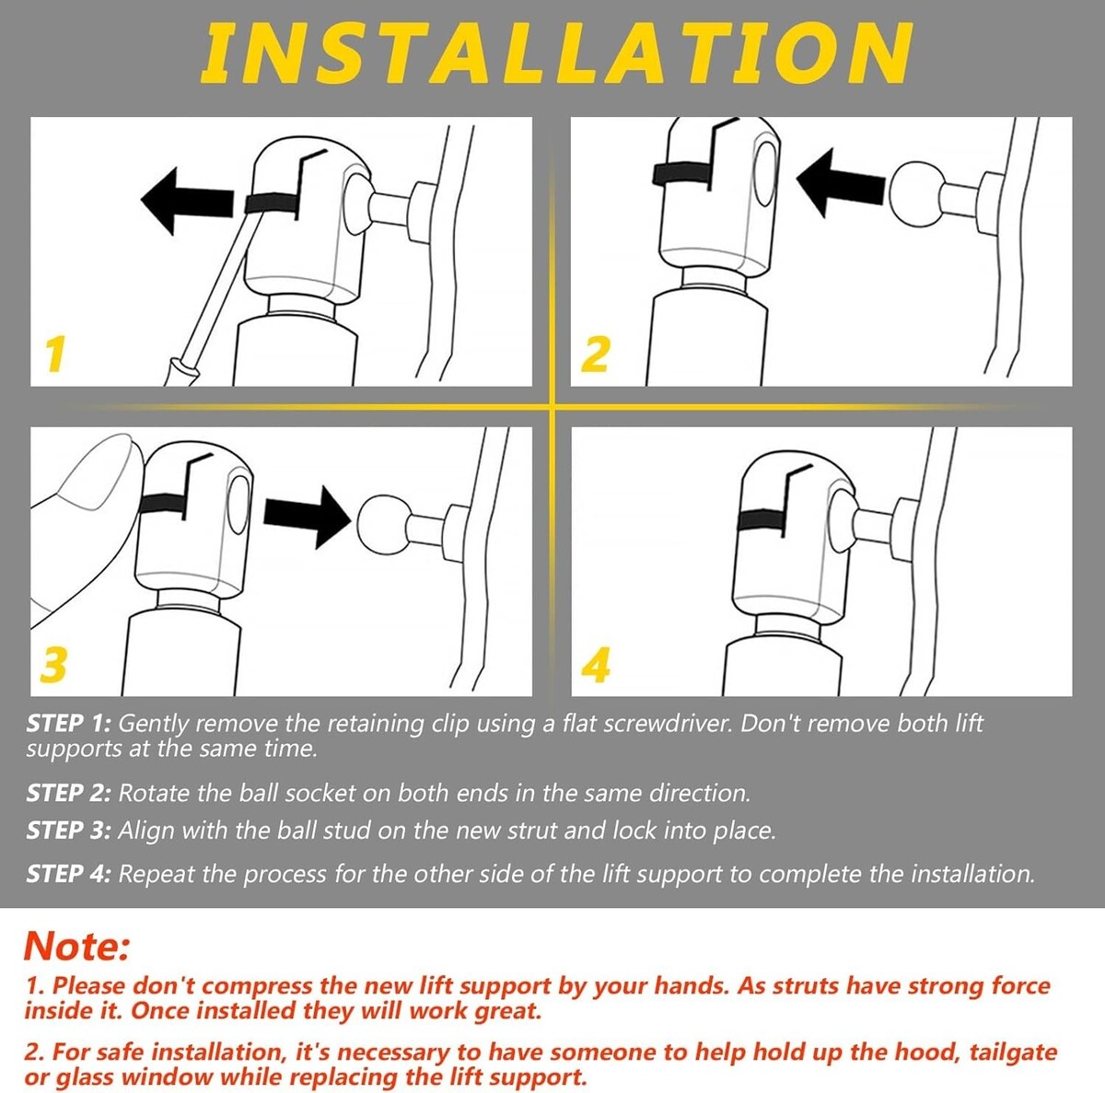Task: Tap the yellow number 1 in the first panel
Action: coord(55,354)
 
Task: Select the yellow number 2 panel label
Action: coord(595,354)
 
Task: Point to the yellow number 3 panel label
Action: coord(54,665)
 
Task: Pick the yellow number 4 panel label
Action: coord(595,665)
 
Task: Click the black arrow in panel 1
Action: coord(187,202)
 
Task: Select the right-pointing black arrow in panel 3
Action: coord(308,517)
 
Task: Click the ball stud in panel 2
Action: coord(915,193)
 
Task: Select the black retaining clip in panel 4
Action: coord(762,520)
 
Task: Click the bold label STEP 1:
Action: coord(68,724)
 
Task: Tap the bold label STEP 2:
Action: coord(68,794)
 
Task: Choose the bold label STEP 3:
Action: coord(68,831)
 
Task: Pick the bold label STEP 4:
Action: coord(68,874)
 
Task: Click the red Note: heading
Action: coord(76,947)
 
